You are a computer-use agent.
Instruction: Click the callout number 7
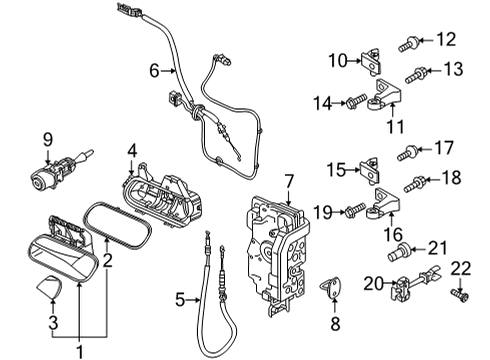click(289, 182)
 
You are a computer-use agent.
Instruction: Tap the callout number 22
click(461, 269)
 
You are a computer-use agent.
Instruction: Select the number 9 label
click(48, 140)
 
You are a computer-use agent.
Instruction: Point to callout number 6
click(154, 71)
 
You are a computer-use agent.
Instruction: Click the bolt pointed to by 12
click(409, 44)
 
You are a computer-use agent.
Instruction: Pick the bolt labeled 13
click(416, 75)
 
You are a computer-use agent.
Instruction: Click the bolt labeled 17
click(407, 153)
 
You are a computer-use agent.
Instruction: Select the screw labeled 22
click(460, 294)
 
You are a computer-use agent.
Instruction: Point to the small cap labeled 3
click(50, 286)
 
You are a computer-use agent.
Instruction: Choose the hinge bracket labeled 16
click(383, 203)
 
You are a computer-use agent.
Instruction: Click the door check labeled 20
click(415, 283)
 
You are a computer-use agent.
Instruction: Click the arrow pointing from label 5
click(193, 300)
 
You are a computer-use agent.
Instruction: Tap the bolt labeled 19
click(356, 210)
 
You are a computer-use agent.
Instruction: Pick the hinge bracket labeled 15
click(370, 170)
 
